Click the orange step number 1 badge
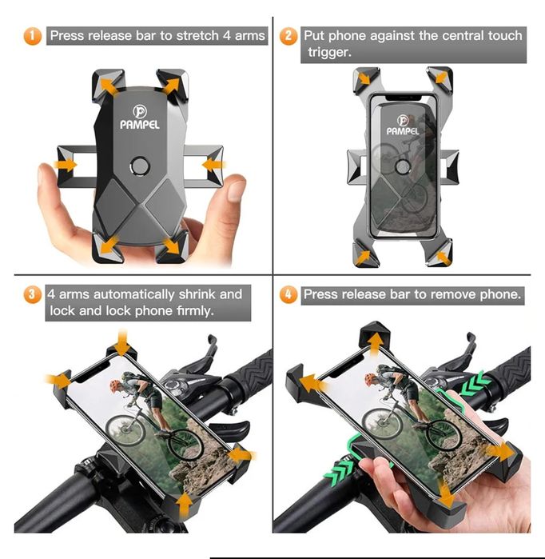coord(33,36)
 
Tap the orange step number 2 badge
coord(288,36)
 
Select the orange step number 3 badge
coord(33,294)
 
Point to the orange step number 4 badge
coord(288,295)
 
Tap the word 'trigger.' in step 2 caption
coord(329,52)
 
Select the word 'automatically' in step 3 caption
coord(134,295)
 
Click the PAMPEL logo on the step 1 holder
coord(140,118)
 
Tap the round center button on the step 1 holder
coord(139,166)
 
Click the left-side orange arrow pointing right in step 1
coord(66,165)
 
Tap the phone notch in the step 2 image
coord(404,97)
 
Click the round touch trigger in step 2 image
coord(403,166)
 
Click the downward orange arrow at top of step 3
coord(122,341)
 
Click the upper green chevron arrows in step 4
coord(475,383)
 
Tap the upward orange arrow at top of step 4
coord(375,344)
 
